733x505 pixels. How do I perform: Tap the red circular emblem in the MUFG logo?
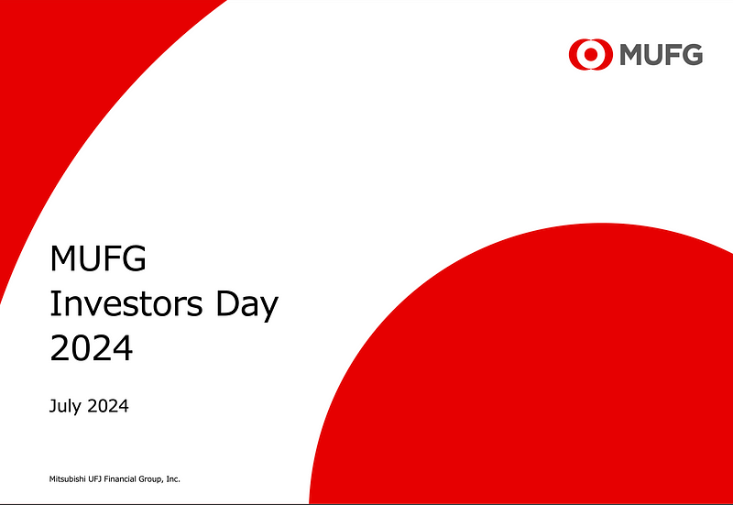click(591, 54)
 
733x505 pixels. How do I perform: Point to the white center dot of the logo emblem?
click(591, 54)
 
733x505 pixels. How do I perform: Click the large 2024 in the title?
click(91, 348)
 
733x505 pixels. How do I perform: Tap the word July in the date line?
click(67, 406)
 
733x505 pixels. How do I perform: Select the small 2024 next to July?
click(109, 406)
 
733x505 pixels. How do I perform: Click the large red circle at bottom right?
click(550, 385)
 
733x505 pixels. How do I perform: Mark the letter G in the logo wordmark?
click(693, 54)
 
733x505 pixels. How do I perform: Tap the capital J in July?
click(52, 406)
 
